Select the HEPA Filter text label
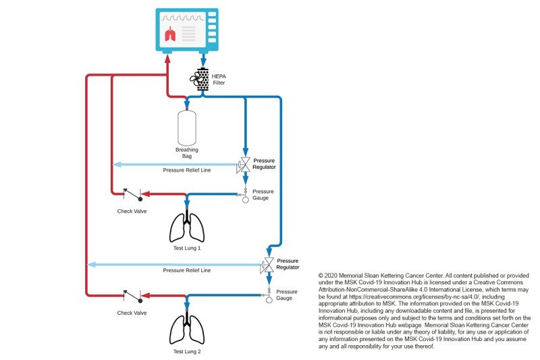coord(219,80)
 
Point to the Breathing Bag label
coord(187,152)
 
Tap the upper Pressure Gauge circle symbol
coord(245,200)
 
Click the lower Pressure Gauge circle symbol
coord(269,299)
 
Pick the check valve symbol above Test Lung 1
coord(132,196)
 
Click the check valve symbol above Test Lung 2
coord(132,296)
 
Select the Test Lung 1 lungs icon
coord(187,228)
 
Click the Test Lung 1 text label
coord(187,249)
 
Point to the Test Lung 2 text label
coord(187,351)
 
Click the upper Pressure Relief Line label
coord(187,170)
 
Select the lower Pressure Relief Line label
coord(187,270)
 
